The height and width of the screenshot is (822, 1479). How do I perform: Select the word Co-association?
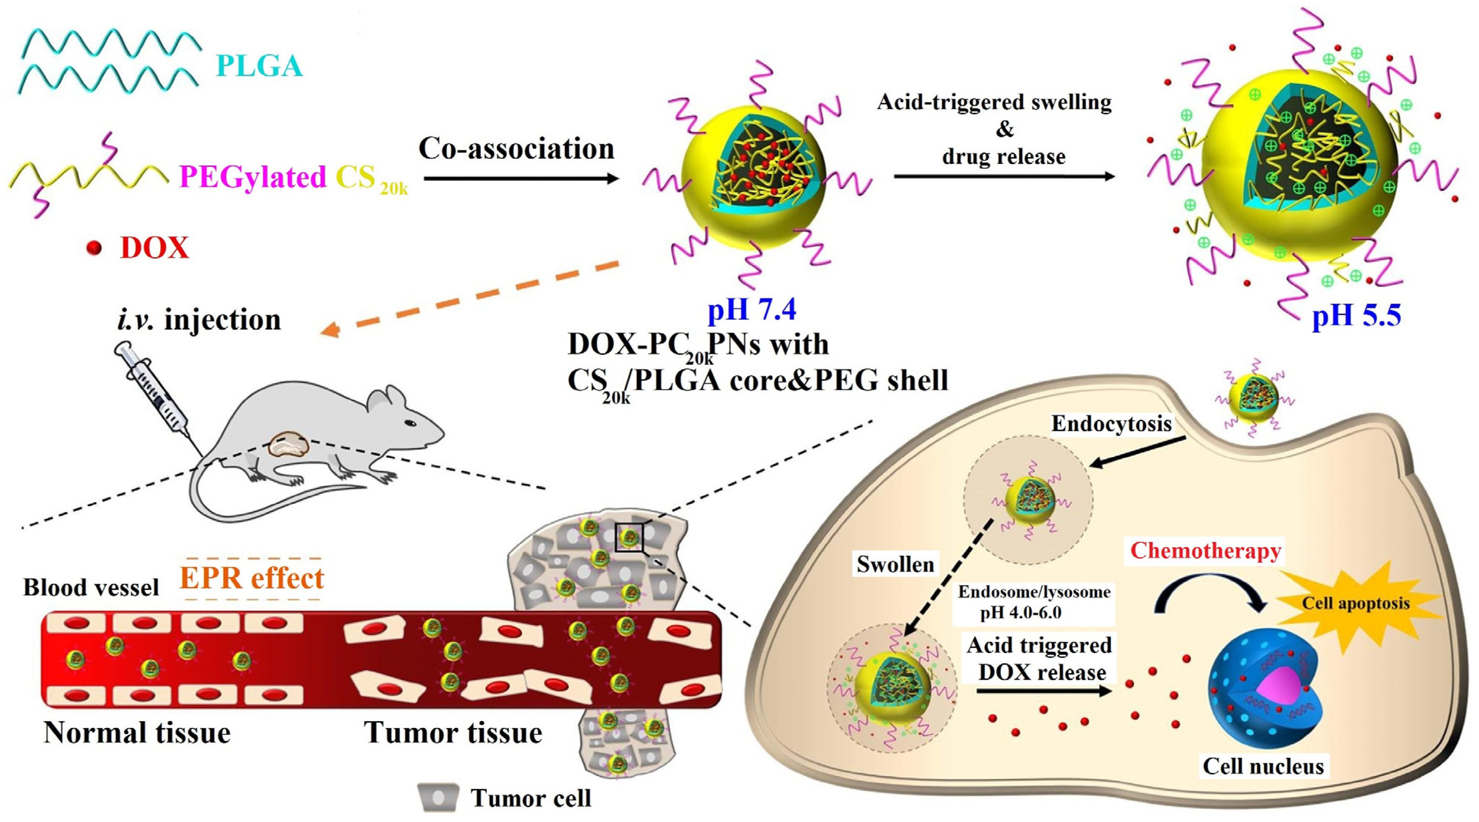(x=516, y=149)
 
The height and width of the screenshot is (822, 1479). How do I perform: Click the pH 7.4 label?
(x=752, y=310)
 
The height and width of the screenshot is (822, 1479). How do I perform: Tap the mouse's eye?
(x=410, y=423)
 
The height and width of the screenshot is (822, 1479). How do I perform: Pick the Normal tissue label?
(x=137, y=733)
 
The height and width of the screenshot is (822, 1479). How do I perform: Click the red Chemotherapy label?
(x=1205, y=551)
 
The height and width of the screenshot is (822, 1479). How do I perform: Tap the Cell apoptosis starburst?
(x=1355, y=604)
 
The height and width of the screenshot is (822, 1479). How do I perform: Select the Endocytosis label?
(x=1111, y=424)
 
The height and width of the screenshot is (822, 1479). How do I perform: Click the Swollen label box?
(x=895, y=564)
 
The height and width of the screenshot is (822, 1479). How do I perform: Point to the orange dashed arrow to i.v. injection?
(x=471, y=297)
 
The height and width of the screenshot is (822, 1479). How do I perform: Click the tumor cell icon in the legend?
(x=438, y=797)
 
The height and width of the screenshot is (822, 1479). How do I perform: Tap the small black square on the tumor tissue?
(x=629, y=537)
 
